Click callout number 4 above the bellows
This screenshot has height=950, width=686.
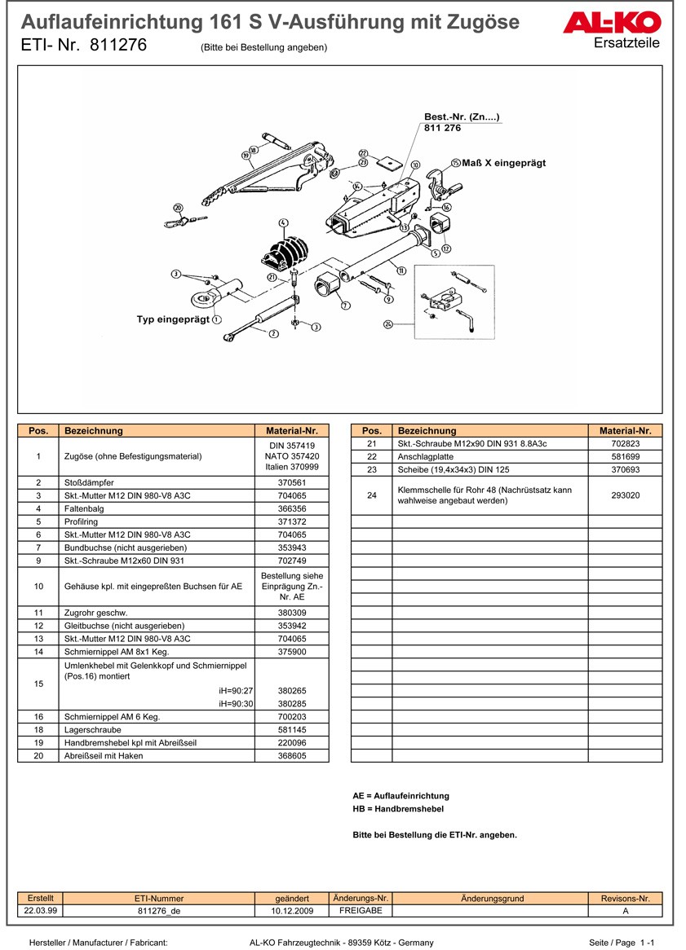[283, 223]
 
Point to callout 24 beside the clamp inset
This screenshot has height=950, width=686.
[388, 323]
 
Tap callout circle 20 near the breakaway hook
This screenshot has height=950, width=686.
[178, 208]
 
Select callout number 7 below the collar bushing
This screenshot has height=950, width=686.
[345, 306]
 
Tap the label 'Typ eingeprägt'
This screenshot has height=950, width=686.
[173, 319]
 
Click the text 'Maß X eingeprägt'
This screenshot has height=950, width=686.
[503, 163]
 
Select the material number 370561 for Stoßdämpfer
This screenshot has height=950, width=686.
[291, 482]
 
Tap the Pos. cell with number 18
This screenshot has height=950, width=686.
[38, 730]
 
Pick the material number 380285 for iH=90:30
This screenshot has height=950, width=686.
[291, 703]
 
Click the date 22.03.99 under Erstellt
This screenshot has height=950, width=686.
[40, 910]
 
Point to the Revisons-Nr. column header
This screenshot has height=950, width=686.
[625, 898]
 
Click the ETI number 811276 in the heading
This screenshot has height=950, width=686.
[119, 46]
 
